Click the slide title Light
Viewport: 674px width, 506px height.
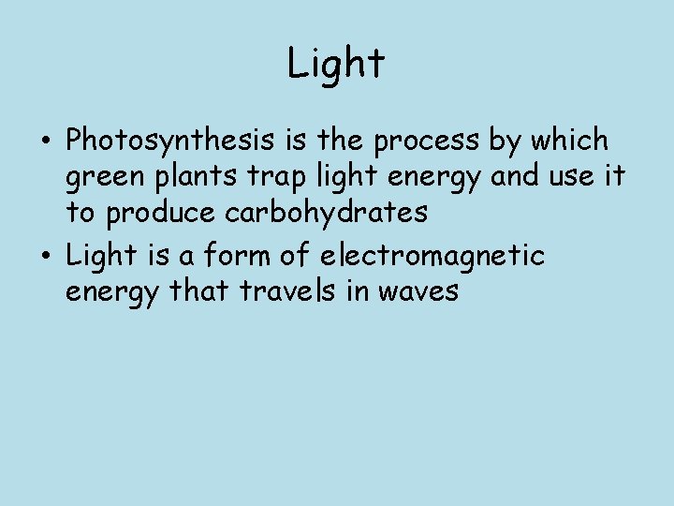point(336,65)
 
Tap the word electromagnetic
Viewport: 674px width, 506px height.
point(432,255)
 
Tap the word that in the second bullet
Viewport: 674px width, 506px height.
point(200,291)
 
